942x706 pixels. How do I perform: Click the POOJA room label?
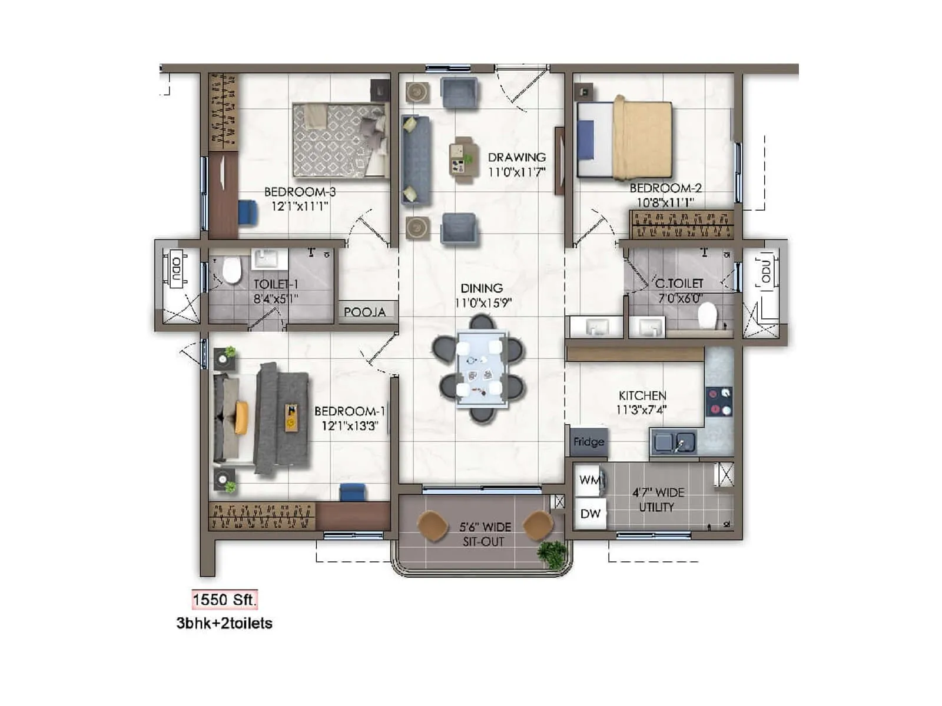[364, 312]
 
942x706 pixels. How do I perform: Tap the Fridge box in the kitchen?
[589, 442]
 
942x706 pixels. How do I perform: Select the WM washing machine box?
[590, 480]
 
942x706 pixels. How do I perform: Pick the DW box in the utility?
[590, 514]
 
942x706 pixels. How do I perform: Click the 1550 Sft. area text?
[224, 600]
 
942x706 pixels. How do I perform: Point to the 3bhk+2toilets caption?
[224, 624]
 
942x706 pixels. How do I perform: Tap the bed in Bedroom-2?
[625, 139]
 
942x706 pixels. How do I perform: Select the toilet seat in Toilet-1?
[231, 269]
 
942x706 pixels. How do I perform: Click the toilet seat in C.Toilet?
[707, 316]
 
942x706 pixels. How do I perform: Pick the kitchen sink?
[674, 442]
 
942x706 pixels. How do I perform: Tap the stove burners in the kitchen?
[719, 401]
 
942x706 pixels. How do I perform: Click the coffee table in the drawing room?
[462, 158]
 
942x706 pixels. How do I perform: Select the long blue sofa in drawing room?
[415, 159]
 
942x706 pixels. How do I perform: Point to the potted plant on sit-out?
[552, 554]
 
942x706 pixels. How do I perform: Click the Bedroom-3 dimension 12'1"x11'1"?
[299, 207]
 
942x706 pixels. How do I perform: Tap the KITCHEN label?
[642, 396]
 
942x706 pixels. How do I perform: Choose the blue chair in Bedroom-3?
[248, 212]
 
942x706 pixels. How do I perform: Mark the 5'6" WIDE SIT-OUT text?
[485, 534]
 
